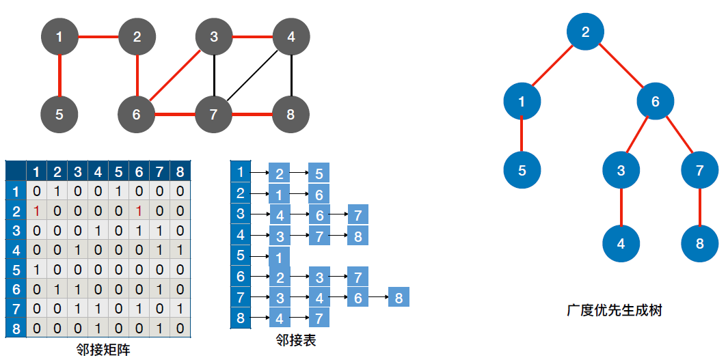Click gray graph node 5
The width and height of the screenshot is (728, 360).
[59, 114]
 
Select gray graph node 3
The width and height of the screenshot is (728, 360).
[214, 37]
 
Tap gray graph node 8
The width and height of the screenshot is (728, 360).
[291, 114]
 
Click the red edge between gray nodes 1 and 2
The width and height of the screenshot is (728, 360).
[98, 36]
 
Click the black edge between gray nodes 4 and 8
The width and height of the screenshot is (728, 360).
[292, 75]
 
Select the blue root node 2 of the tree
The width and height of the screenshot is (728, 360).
[585, 31]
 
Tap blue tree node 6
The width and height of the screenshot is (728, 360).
[656, 102]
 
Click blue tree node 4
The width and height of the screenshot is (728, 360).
[621, 243]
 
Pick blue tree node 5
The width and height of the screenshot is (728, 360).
[522, 170]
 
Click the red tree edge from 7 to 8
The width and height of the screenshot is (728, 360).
[700, 206]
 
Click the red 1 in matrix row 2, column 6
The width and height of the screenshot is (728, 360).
[139, 210]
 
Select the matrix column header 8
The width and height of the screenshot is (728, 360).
[180, 171]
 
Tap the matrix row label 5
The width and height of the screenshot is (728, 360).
[15, 269]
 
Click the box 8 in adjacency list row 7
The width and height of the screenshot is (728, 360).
[399, 297]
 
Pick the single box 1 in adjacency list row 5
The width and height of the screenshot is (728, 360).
[279, 257]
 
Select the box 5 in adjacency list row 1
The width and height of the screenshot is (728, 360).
[319, 173]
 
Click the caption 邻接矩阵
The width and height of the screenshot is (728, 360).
[103, 350]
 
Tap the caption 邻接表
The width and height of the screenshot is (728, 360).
[296, 340]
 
